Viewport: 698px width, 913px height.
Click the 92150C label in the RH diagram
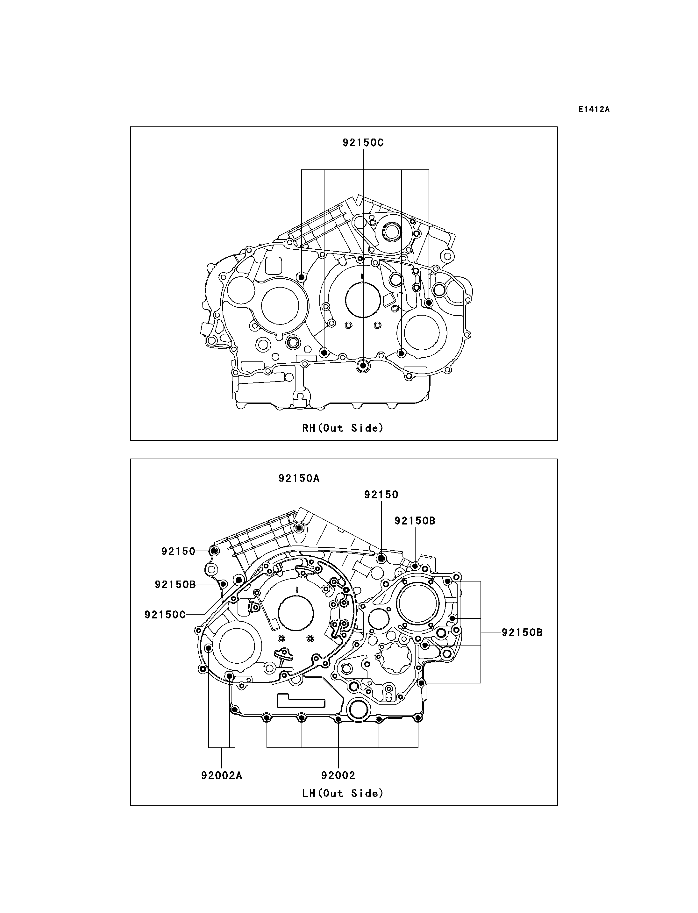click(363, 143)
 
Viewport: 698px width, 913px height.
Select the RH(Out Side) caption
click(343, 428)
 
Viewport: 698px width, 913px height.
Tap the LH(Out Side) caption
click(343, 793)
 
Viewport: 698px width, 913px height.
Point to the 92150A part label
click(299, 478)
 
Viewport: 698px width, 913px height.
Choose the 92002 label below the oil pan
click(338, 775)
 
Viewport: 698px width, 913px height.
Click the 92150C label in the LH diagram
click(165, 615)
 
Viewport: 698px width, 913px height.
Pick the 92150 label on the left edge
click(178, 552)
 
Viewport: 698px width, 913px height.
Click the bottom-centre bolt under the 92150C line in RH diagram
click(363, 366)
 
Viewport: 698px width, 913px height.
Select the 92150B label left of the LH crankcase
click(175, 585)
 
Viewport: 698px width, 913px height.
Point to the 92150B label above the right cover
click(415, 521)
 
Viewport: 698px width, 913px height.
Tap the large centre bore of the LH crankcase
click(296, 615)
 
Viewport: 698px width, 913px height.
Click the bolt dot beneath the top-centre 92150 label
click(381, 559)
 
